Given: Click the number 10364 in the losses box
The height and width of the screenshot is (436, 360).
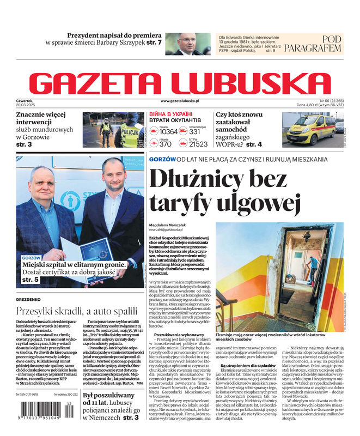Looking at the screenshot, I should (x=168, y=132).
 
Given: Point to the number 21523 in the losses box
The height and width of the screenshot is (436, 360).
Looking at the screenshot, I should (x=198, y=144).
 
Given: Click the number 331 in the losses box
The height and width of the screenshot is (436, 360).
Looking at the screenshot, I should (x=195, y=132).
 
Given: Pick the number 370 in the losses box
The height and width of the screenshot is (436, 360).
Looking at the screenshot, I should (x=165, y=144).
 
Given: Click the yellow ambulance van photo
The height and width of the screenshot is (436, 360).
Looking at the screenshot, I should (x=309, y=130).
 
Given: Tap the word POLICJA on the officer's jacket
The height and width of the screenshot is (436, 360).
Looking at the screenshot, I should (x=130, y=131).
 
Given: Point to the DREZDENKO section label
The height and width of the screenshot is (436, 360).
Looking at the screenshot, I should (x=28, y=299).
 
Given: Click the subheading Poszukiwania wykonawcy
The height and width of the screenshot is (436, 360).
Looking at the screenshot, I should (x=179, y=334).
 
